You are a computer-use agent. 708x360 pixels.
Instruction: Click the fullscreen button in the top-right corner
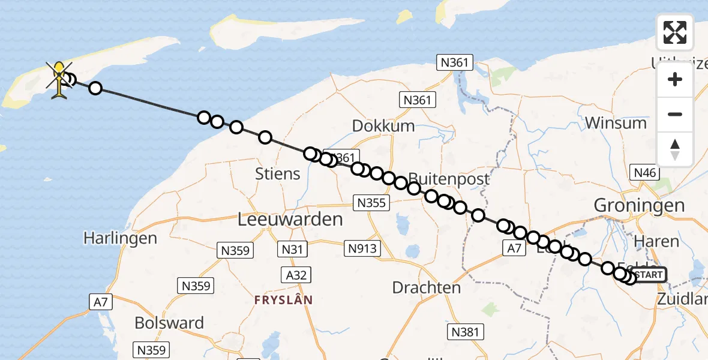click(x=675, y=32)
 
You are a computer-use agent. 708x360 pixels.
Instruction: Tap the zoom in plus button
click(x=675, y=79)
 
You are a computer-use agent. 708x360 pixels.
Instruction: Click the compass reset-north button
click(x=675, y=149)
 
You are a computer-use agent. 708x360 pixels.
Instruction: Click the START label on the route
click(x=649, y=275)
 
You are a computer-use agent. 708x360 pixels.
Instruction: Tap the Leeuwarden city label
click(x=290, y=219)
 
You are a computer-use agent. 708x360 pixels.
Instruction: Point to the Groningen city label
click(x=638, y=206)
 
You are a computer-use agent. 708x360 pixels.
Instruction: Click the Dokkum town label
click(x=383, y=126)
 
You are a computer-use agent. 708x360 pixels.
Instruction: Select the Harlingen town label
click(x=120, y=238)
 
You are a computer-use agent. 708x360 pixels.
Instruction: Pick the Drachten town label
click(x=426, y=287)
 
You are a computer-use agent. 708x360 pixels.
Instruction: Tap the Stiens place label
click(x=277, y=175)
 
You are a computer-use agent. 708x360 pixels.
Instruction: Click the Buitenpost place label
click(x=449, y=179)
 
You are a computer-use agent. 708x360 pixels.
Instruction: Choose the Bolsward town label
click(x=169, y=323)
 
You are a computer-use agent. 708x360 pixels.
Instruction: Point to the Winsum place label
click(x=616, y=123)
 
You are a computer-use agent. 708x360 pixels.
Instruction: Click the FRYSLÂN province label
click(x=284, y=299)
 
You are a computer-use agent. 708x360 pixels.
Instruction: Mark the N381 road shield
click(x=466, y=332)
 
